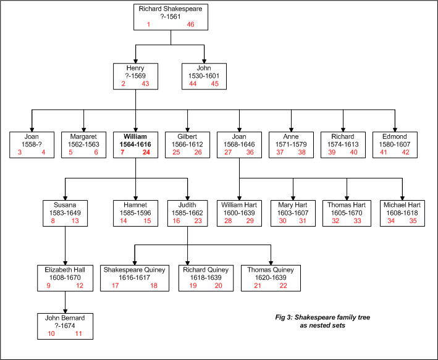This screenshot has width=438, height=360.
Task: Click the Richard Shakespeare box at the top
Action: [171, 17]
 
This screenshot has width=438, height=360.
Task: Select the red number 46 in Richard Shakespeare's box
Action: [190, 24]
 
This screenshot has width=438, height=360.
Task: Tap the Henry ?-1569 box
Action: [135, 76]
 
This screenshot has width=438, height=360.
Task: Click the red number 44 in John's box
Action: [193, 83]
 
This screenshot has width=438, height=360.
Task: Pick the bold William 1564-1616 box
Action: [135, 144]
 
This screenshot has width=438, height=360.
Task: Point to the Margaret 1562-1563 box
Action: [84, 144]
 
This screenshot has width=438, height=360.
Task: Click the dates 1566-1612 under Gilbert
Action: [187, 144]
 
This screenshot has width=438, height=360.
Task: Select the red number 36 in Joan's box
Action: [250, 152]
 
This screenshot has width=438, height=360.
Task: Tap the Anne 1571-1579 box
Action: [291, 144]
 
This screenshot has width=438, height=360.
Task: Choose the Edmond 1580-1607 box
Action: [395, 144]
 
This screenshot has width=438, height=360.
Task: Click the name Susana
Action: [65, 205]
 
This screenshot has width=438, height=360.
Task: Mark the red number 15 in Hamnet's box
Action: [147, 220]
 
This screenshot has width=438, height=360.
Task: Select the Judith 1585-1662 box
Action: [187, 213]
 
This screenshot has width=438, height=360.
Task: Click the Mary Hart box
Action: [293, 213]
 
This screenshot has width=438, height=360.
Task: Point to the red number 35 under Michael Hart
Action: [413, 220]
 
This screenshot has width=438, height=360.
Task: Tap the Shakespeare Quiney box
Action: [135, 278]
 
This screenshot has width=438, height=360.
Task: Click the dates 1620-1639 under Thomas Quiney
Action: [271, 278]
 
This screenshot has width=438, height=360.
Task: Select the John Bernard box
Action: [65, 326]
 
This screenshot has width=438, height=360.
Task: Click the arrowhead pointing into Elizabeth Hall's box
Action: [65, 263]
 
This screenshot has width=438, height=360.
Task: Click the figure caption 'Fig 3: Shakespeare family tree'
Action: [322, 317]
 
